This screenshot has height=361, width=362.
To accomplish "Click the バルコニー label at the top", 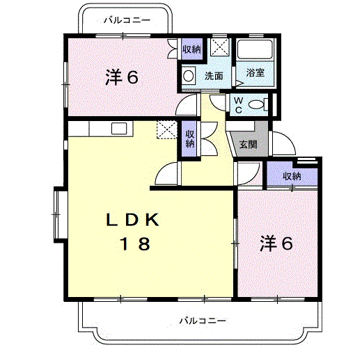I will [126, 20].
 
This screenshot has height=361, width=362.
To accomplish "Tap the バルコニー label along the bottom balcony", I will [202, 321].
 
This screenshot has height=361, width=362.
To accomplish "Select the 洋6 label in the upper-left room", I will [121, 77].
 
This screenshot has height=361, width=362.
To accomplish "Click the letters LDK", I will [134, 220].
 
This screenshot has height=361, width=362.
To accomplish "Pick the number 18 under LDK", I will [134, 243].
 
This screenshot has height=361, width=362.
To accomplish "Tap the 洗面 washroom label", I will [214, 77].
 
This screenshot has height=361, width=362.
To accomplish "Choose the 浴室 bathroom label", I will [255, 72].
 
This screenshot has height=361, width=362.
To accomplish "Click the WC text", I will [237, 104].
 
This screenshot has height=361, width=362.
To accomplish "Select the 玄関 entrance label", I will [249, 145].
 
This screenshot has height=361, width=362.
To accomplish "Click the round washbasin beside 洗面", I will [189, 76].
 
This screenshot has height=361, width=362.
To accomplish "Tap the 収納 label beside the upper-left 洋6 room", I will [191, 49].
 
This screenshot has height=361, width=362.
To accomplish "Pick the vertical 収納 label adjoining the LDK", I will [189, 136].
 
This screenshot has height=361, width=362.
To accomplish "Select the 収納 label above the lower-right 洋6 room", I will [292, 176].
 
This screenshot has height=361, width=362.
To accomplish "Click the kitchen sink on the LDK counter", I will [118, 128].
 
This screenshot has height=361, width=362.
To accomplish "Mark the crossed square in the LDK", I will [166, 129].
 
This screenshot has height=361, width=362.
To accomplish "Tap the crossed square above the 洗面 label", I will [221, 47].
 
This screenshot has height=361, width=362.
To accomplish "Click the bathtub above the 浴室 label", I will [255, 49].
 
